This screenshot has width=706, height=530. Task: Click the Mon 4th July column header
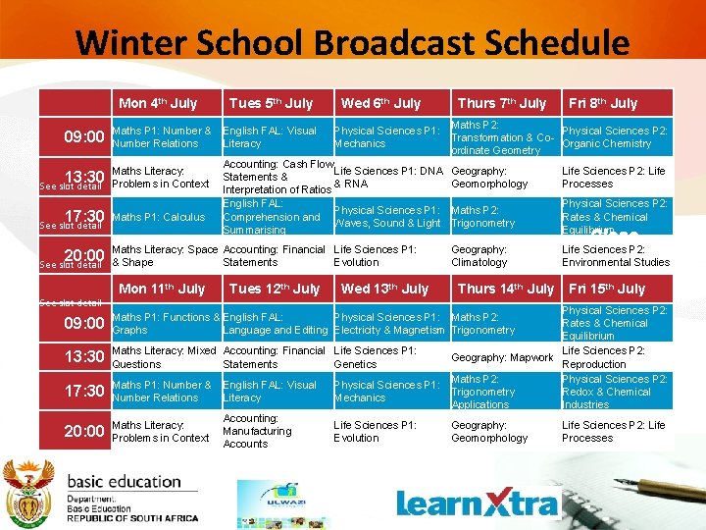[x=158, y=103]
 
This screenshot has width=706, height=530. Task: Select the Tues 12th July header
[x=274, y=289]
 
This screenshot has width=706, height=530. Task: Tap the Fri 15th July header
[x=607, y=289]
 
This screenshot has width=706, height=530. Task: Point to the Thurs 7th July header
[x=502, y=103]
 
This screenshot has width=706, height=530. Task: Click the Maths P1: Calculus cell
[x=159, y=217]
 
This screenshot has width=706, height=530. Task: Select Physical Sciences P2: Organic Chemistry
[x=615, y=137]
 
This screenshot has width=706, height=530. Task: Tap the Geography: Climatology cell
[x=479, y=256]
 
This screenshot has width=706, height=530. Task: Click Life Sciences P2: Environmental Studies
[x=615, y=256]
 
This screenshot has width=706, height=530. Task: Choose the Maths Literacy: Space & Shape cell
[x=164, y=256]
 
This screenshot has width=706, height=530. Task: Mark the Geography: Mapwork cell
[x=502, y=357]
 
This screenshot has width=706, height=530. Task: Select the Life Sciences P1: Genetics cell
[x=376, y=357]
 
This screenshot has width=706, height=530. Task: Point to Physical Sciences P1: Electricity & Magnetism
[x=389, y=324]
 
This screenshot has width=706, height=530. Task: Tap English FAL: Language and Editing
[x=276, y=324]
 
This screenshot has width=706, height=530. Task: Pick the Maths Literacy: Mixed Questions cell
[x=164, y=357]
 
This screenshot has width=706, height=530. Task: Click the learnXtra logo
[x=478, y=503]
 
